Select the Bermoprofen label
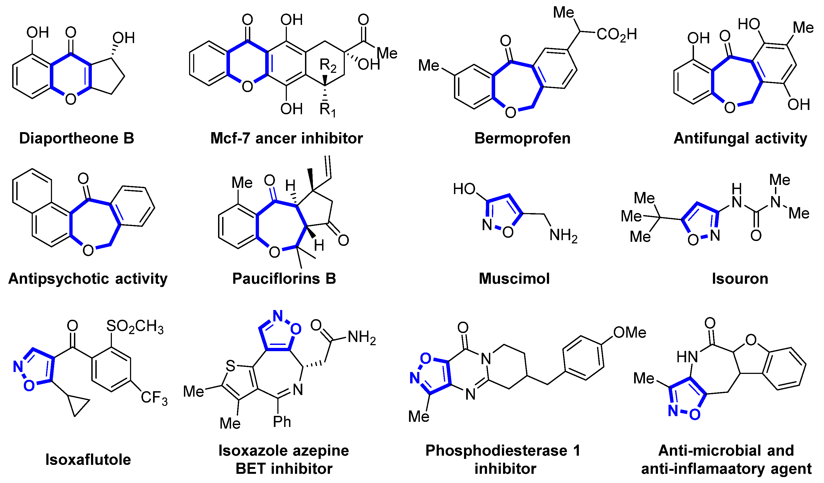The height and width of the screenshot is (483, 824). pos(522,138)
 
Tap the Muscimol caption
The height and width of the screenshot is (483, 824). pos(514,278)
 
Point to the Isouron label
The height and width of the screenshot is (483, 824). pos(740,278)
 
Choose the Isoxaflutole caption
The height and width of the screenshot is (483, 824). pos(88,459)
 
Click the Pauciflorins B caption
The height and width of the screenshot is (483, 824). pos(284,278)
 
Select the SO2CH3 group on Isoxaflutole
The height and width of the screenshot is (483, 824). pos(135,327)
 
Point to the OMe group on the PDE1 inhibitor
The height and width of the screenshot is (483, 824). pos(630,333)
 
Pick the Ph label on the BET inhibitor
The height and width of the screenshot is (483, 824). pos(282,422)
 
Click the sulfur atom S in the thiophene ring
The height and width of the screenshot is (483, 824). pos(231,366)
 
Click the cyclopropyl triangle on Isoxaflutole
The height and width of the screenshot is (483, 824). pos(77,405)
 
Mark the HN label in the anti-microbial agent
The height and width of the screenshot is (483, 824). pos(687,357)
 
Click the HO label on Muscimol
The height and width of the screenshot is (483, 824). pos(464,189)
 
